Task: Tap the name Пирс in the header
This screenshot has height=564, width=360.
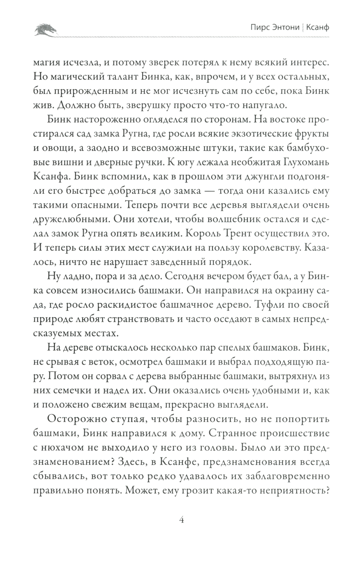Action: (x=259, y=28)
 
